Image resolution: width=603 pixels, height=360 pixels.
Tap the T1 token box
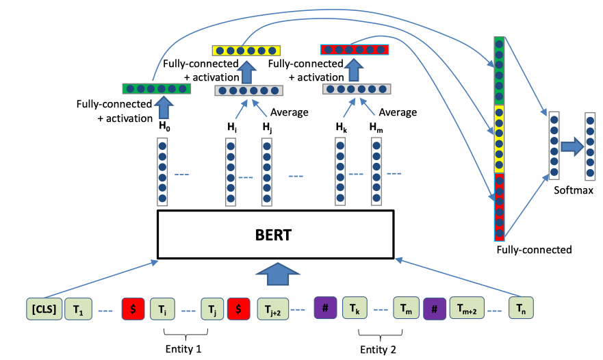point(77,309)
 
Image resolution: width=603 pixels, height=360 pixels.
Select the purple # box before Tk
point(325,308)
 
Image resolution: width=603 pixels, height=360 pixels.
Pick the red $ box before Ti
point(133,309)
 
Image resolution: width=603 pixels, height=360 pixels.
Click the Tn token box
point(521,309)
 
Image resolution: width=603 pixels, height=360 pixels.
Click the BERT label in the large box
point(274,235)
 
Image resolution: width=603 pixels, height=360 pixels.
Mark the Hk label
point(341,126)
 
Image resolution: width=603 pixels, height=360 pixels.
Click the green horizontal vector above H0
point(155,88)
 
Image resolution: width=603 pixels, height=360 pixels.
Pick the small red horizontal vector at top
point(355,49)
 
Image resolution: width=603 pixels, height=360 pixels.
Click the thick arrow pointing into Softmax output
point(571,144)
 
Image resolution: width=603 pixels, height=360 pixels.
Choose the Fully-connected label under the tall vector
point(534,250)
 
